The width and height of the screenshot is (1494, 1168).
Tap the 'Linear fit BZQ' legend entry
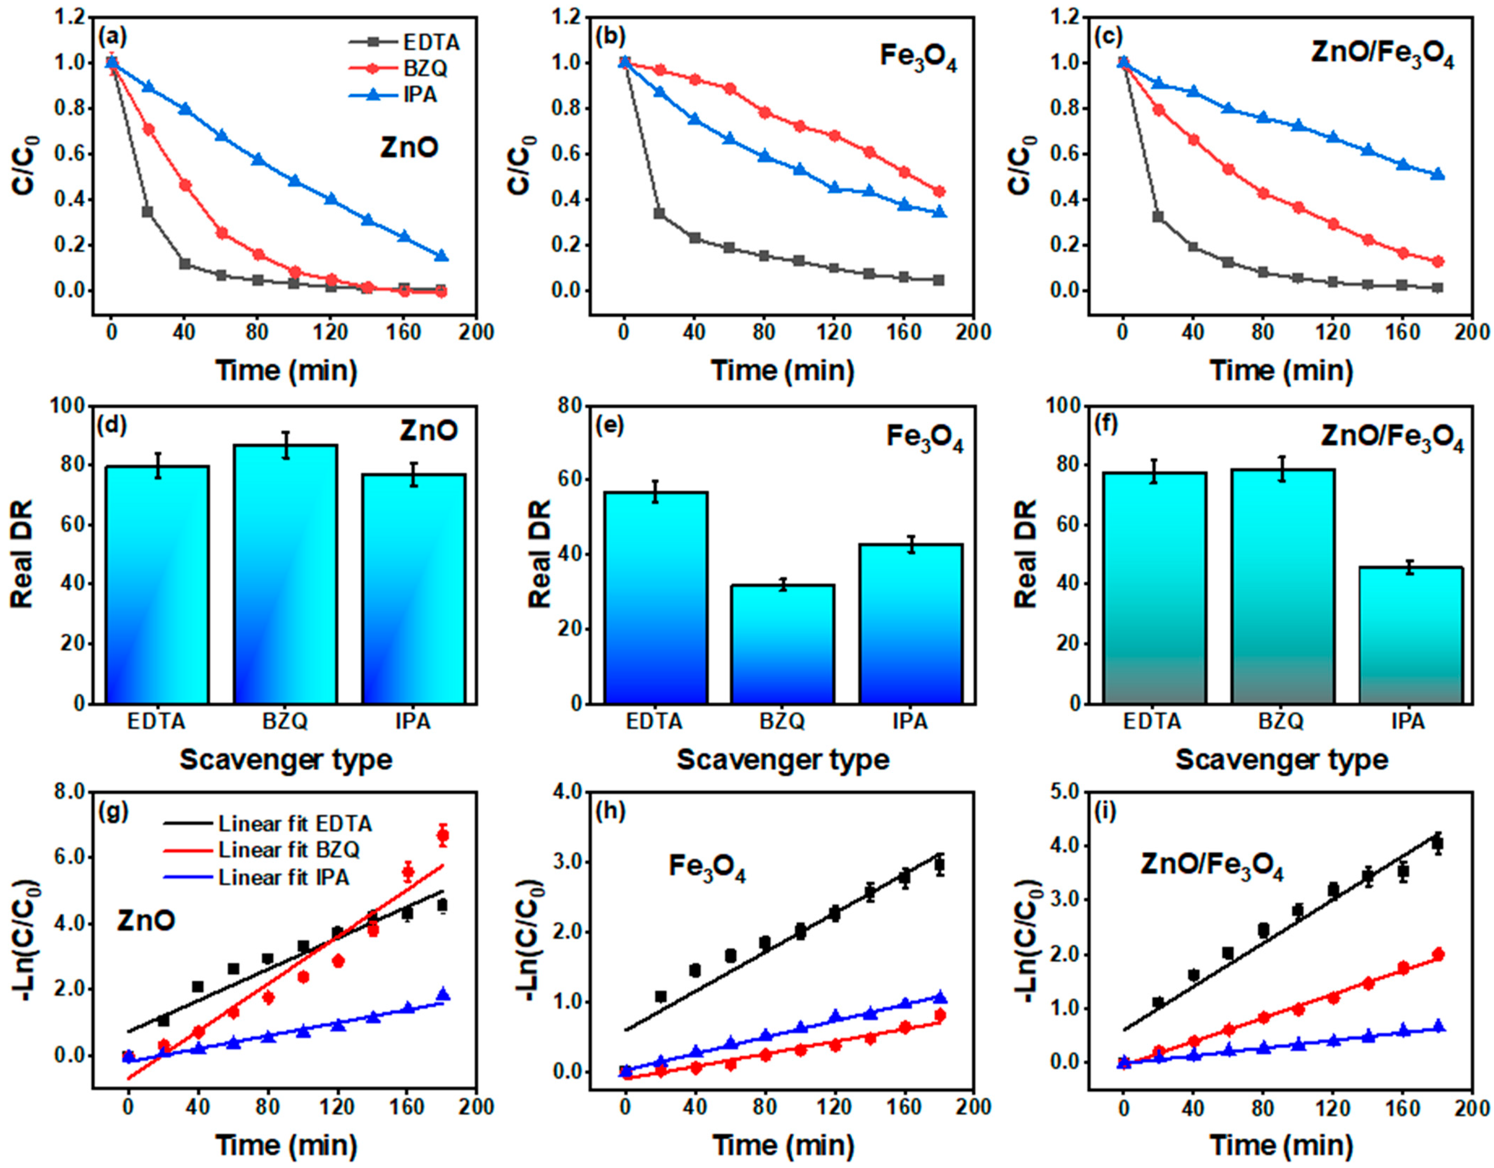click(289, 850)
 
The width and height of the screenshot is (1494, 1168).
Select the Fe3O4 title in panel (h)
click(706, 869)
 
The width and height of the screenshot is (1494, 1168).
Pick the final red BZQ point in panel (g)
click(443, 835)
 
